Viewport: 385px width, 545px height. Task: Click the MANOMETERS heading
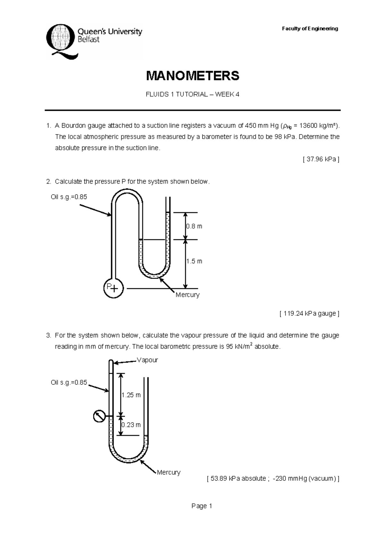pos(193,76)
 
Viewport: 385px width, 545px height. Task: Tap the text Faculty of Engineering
pos(310,29)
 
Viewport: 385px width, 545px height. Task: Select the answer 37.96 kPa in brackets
pos(321,159)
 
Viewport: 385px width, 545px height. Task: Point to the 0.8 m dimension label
pos(194,226)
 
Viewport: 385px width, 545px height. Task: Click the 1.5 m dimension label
pos(194,261)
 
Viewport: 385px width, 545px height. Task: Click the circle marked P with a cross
pos(113,288)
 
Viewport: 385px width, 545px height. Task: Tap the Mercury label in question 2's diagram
pos(187,295)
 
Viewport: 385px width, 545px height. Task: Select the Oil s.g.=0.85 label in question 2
pos(69,197)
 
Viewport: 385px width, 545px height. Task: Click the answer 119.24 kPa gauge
pos(309,314)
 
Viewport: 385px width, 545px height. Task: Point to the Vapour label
pos(147,360)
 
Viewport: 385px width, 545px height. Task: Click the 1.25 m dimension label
pos(131,395)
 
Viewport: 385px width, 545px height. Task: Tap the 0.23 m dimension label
pos(131,425)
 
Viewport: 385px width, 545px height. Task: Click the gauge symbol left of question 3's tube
pos(99,416)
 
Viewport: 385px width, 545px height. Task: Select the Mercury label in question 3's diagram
pos(168,472)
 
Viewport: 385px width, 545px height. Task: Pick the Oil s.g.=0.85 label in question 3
pos(69,383)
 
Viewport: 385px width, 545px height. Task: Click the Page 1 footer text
pos(201,506)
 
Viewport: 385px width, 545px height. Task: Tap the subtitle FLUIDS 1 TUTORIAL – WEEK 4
pos(193,94)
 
